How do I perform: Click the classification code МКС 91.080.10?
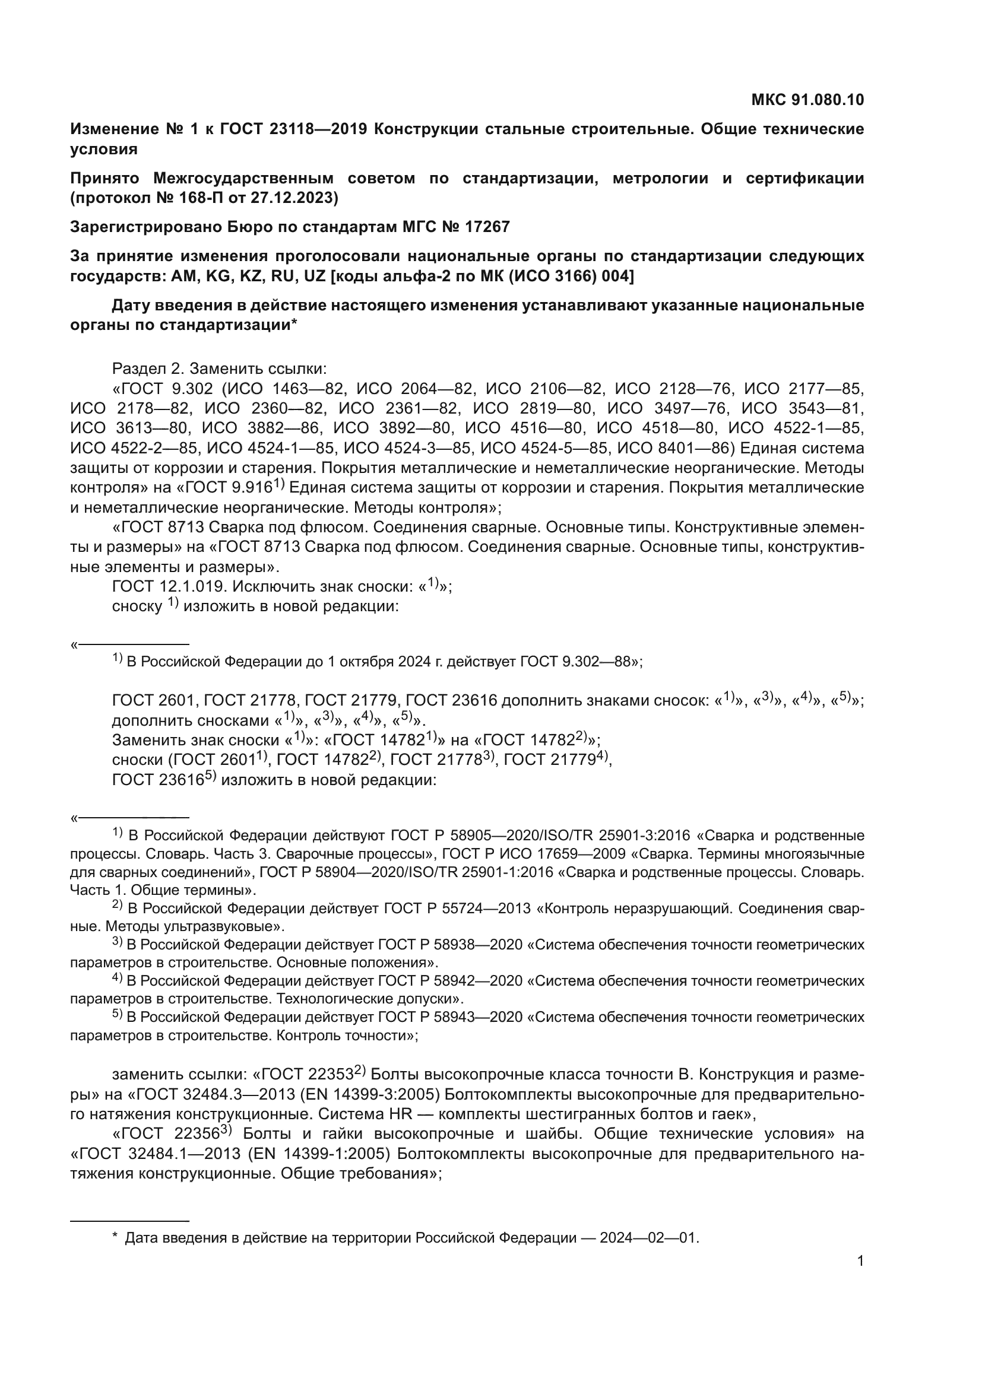click(807, 100)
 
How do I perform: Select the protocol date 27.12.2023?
click(294, 198)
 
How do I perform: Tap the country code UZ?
click(315, 277)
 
